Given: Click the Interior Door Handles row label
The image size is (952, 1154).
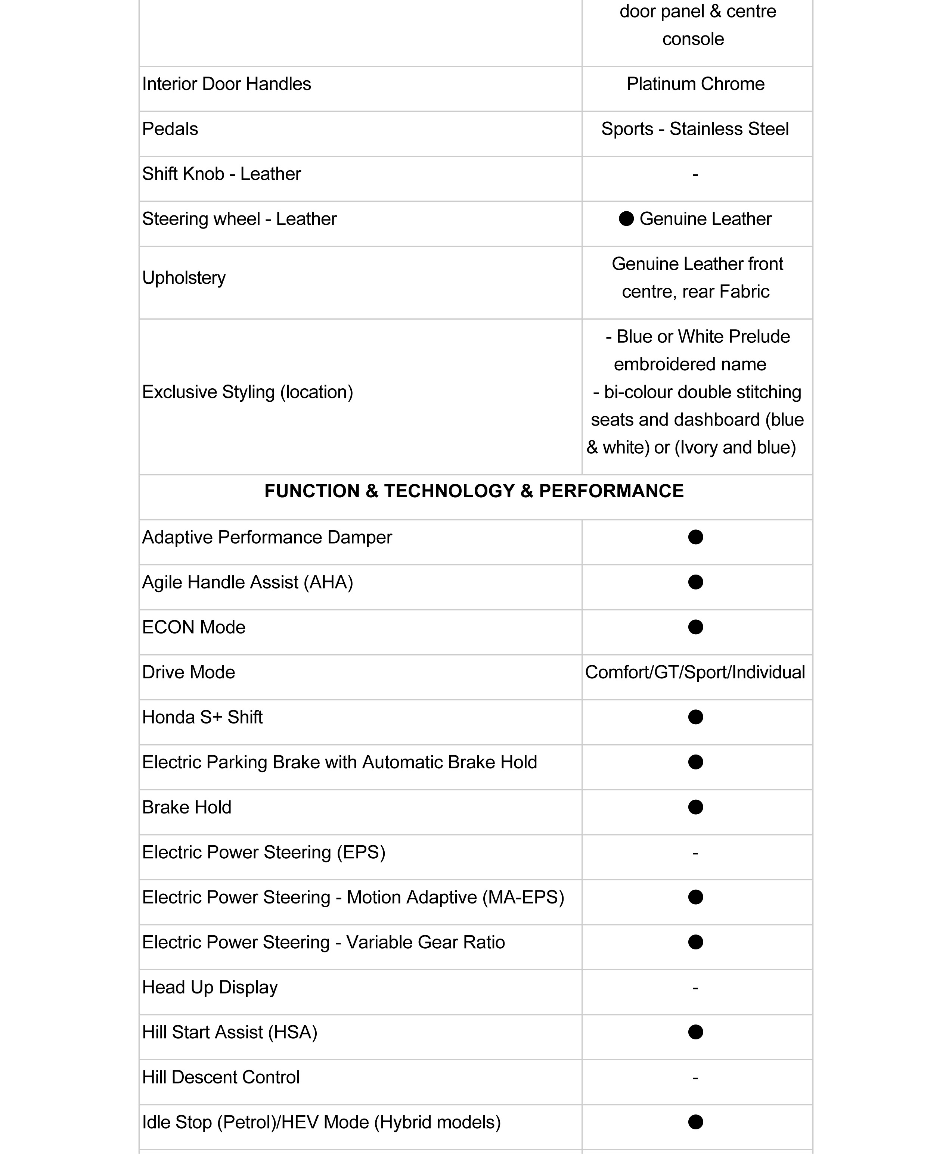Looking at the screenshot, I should [x=226, y=84].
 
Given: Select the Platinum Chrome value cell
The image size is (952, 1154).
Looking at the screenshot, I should [x=695, y=84].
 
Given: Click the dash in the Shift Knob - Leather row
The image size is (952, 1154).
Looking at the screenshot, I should [x=695, y=174].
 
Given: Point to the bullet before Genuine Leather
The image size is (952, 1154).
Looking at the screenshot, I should [x=626, y=219].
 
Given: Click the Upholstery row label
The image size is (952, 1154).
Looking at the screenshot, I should [x=184, y=278].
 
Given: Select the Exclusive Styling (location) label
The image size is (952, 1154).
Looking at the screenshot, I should [x=247, y=392].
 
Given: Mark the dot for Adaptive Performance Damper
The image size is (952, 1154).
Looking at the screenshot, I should [x=695, y=537].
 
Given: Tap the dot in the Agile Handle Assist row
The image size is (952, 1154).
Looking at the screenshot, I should [x=695, y=582].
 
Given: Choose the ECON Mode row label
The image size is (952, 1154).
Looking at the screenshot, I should [x=193, y=627].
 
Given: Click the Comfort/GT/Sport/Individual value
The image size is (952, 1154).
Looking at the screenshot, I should [x=695, y=672].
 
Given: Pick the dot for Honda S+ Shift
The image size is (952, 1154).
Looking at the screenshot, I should [x=695, y=717].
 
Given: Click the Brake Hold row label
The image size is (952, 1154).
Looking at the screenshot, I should [x=186, y=807].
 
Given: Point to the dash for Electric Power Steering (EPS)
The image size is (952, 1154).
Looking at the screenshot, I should [x=695, y=852].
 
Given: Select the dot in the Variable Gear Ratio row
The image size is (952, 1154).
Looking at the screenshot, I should [x=695, y=942].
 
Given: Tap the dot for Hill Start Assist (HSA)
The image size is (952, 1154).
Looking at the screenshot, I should [x=695, y=1032].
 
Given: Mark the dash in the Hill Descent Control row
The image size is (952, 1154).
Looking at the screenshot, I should [x=695, y=1077].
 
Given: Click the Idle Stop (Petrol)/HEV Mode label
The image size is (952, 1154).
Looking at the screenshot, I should [x=321, y=1122].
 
